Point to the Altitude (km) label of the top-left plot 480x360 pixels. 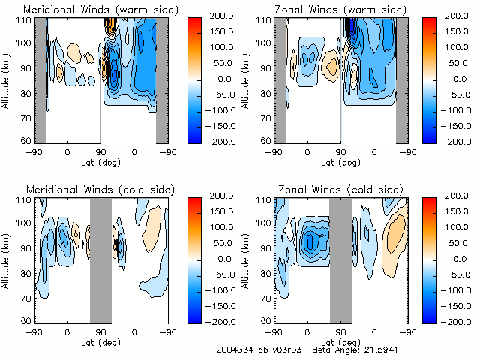coord(7,79)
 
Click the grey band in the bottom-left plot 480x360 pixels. coord(100,259)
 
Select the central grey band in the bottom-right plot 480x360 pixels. coord(340,259)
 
